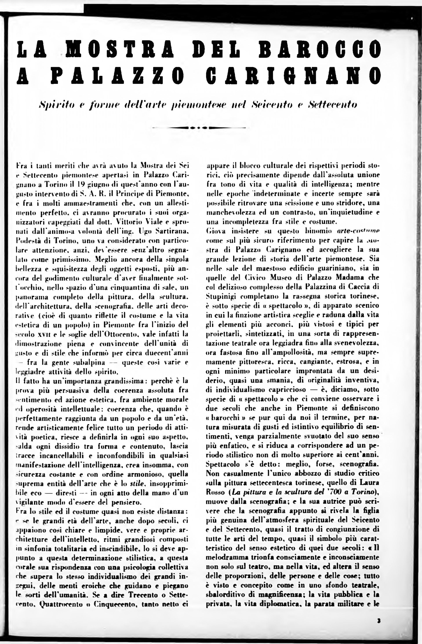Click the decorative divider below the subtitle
pyautogui.click(x=199, y=127)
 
